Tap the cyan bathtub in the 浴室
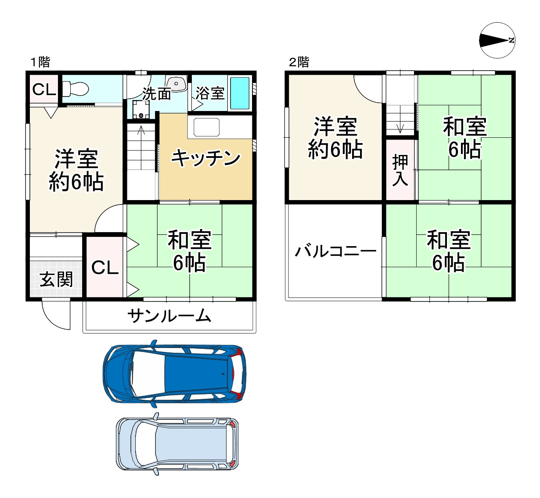coord(240,93)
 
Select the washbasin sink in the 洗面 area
coord(176,84)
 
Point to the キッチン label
coord(206,158)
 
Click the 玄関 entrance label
coord(56,279)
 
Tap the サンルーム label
coord(169,316)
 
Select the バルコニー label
coord(335,251)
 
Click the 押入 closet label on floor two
coord(400,170)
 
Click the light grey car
coord(177,444)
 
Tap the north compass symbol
coord(497,40)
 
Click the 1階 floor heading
coord(40,62)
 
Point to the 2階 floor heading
coord(299,62)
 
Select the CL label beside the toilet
coord(44,89)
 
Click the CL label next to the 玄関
coord(105,268)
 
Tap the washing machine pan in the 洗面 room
coord(141,109)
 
